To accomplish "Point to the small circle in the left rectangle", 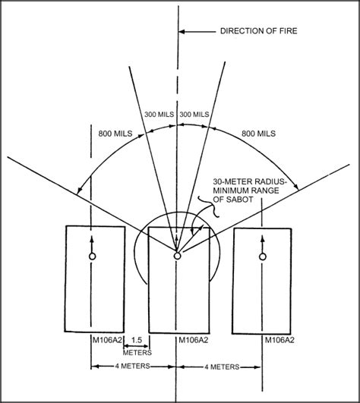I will [x=92, y=257].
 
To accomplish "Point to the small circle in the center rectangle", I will [x=177, y=257].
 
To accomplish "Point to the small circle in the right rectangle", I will [x=263, y=257].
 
